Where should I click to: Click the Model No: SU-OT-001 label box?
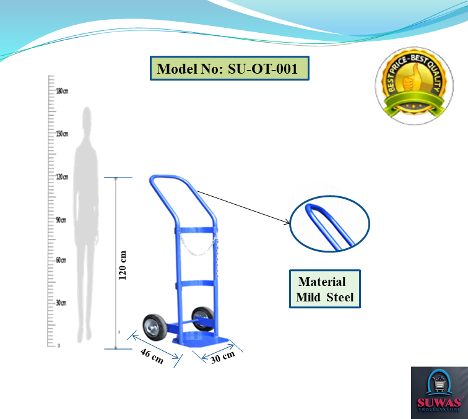coord(229,69)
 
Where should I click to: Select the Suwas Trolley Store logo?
coord(438,393)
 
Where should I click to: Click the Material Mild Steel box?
coord(325,289)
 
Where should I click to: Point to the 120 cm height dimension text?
coord(123,265)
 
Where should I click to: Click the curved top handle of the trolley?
coord(176,181)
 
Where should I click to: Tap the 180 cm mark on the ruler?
coord(61,91)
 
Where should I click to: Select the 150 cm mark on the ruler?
coord(61,134)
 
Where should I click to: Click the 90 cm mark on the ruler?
coord(61,220)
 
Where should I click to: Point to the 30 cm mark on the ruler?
coord(61,303)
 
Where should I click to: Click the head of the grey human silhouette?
coord(87,118)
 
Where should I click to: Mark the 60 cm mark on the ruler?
coord(61,260)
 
